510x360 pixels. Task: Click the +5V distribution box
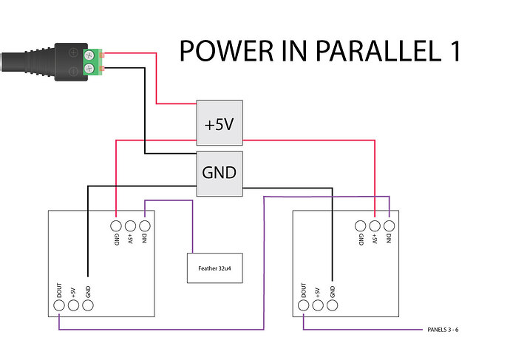click(x=220, y=125)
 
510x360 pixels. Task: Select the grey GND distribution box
click(x=220, y=173)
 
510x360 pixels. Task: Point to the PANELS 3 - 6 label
click(x=448, y=329)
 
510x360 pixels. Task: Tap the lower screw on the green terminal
click(x=89, y=69)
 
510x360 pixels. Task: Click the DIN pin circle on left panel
click(x=145, y=225)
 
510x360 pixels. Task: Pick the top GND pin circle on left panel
click(x=116, y=225)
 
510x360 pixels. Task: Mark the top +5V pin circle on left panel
click(x=130, y=225)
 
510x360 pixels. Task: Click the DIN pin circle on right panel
click(x=389, y=225)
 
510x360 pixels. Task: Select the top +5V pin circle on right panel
click(x=375, y=225)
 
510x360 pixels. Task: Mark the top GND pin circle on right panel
click(x=360, y=225)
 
